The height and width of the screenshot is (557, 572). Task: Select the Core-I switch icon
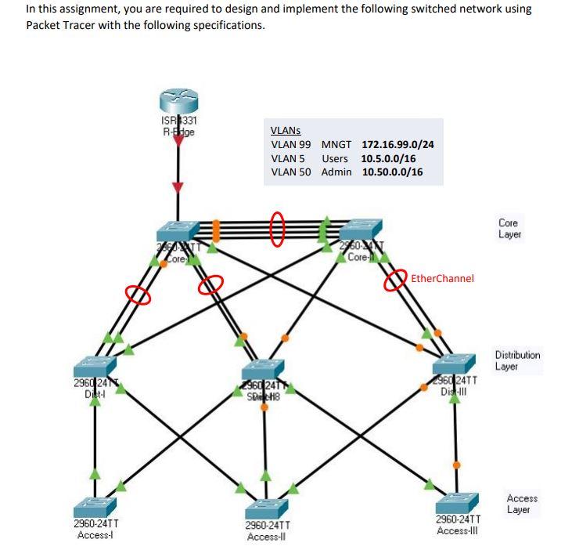(178, 231)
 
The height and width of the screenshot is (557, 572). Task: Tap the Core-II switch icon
(360, 230)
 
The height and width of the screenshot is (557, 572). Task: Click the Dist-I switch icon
(95, 366)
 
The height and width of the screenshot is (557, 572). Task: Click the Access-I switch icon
(95, 506)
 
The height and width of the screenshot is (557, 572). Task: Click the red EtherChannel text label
(442, 278)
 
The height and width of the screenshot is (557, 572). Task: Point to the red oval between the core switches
(277, 229)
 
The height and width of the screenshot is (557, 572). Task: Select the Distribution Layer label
(517, 360)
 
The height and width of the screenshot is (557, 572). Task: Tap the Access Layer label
(522, 504)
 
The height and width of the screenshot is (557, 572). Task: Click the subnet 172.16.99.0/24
(398, 145)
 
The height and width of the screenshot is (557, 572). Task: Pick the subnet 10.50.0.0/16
(392, 172)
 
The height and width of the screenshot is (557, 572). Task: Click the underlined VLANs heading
(286, 132)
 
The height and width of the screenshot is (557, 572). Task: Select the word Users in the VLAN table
(335, 158)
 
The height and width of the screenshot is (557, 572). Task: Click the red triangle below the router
(178, 186)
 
